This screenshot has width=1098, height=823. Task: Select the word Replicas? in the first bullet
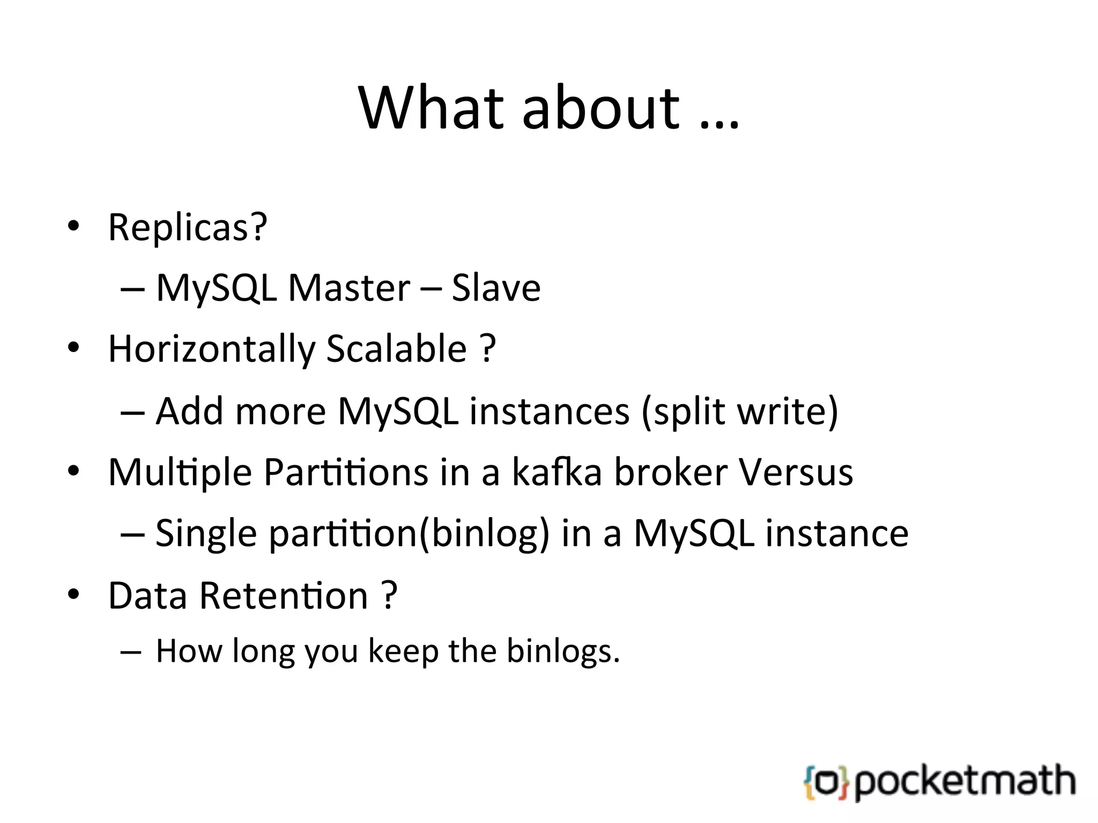coord(187,227)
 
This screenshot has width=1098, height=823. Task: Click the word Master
coord(349,288)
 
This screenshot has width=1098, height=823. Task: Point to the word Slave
coord(496,288)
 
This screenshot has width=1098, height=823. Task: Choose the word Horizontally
coord(212,349)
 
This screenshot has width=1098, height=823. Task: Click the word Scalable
coord(396,349)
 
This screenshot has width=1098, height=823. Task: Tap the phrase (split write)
coord(740,411)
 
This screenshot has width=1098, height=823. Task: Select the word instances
coord(550,411)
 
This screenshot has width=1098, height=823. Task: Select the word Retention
coord(284,596)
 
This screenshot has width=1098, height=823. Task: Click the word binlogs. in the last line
coord(563,652)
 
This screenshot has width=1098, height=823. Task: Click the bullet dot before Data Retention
coord(73,594)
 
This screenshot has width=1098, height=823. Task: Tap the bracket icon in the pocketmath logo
coord(826,783)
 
